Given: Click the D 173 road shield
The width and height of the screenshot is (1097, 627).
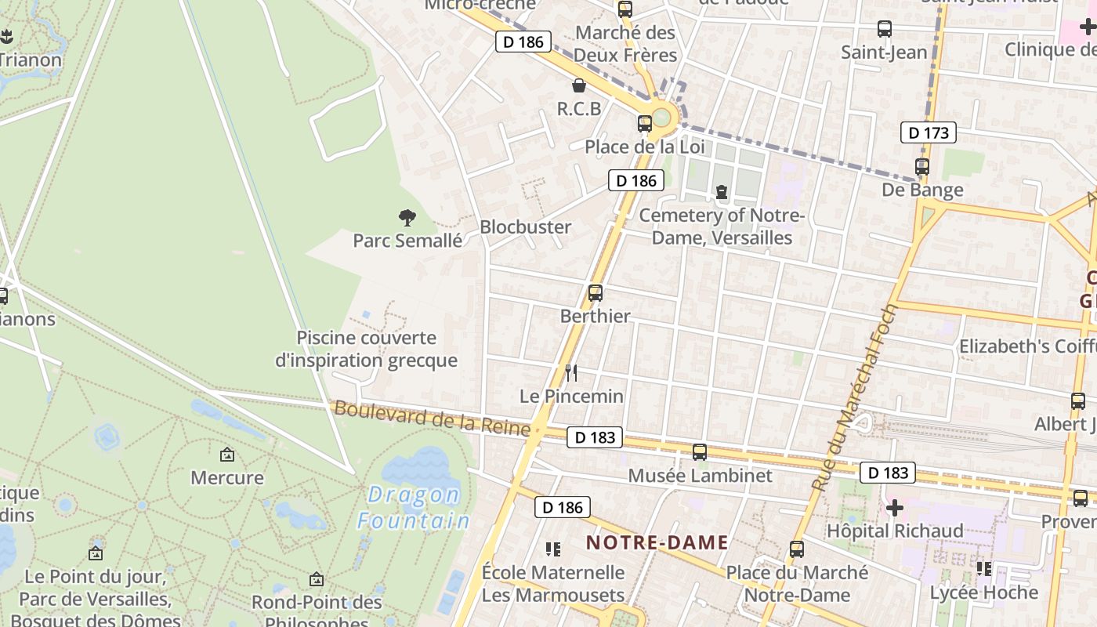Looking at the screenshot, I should tap(929, 133).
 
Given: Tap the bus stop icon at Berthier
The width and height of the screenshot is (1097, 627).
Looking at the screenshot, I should tap(596, 293).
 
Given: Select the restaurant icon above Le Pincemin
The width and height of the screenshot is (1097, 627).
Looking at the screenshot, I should tap(571, 373).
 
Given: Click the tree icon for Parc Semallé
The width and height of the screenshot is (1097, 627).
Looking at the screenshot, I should tap(407, 218).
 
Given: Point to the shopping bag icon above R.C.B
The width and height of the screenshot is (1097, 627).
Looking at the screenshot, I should tap(579, 85).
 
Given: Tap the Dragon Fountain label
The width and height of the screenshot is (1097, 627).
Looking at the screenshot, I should tap(414, 508).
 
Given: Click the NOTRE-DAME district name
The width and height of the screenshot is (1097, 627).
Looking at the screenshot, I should tap(657, 542).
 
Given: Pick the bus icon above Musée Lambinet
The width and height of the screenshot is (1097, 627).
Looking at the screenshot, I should tap(700, 452).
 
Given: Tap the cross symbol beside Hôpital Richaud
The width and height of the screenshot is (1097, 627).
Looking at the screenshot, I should tap(895, 509).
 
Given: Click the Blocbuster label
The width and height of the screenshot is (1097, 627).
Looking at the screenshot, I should tap(525, 227).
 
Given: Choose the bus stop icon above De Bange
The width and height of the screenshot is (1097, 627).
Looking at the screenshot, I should tap(922, 167).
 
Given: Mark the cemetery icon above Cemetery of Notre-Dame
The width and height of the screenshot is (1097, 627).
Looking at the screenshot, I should tap(722, 192).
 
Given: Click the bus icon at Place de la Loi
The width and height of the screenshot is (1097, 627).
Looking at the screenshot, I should tap(645, 124).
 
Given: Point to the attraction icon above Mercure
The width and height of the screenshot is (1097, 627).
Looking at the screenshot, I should tap(227, 455).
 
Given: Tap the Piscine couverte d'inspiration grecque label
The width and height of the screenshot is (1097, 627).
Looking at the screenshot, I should tap(366, 349).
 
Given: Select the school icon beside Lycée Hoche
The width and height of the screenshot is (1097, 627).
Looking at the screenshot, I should tap(984, 568).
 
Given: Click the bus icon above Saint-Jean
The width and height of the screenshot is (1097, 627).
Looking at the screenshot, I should tap(885, 30).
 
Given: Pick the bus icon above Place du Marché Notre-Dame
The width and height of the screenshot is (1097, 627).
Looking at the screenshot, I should tap(797, 549).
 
